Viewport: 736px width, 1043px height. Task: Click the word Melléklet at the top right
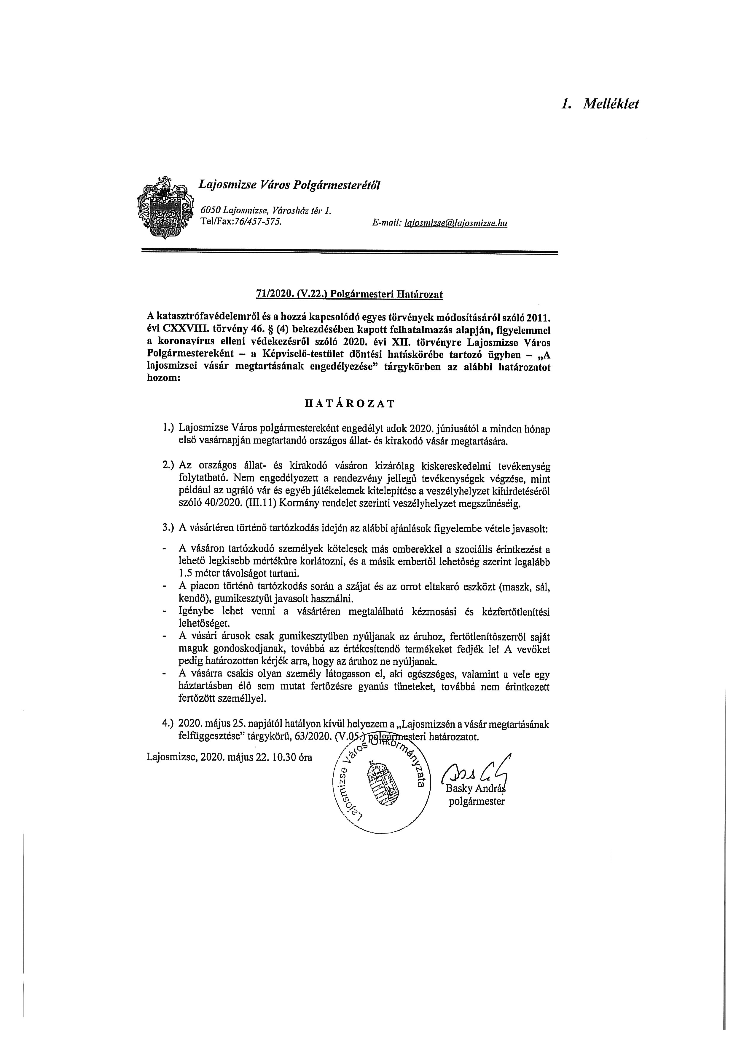pos(611,104)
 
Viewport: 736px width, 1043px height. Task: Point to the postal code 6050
pos(211,210)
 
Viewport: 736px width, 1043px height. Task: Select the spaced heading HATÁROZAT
pos(349,403)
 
